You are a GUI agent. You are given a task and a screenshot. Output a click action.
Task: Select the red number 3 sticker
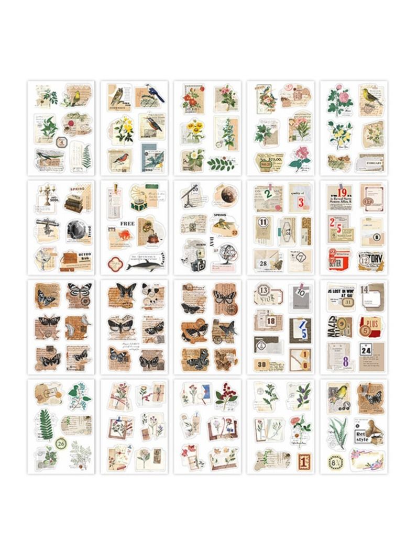point(301,201)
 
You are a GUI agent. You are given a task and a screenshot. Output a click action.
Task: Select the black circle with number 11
point(264,224)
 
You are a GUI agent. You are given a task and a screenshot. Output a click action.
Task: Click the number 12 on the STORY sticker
point(363,258)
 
